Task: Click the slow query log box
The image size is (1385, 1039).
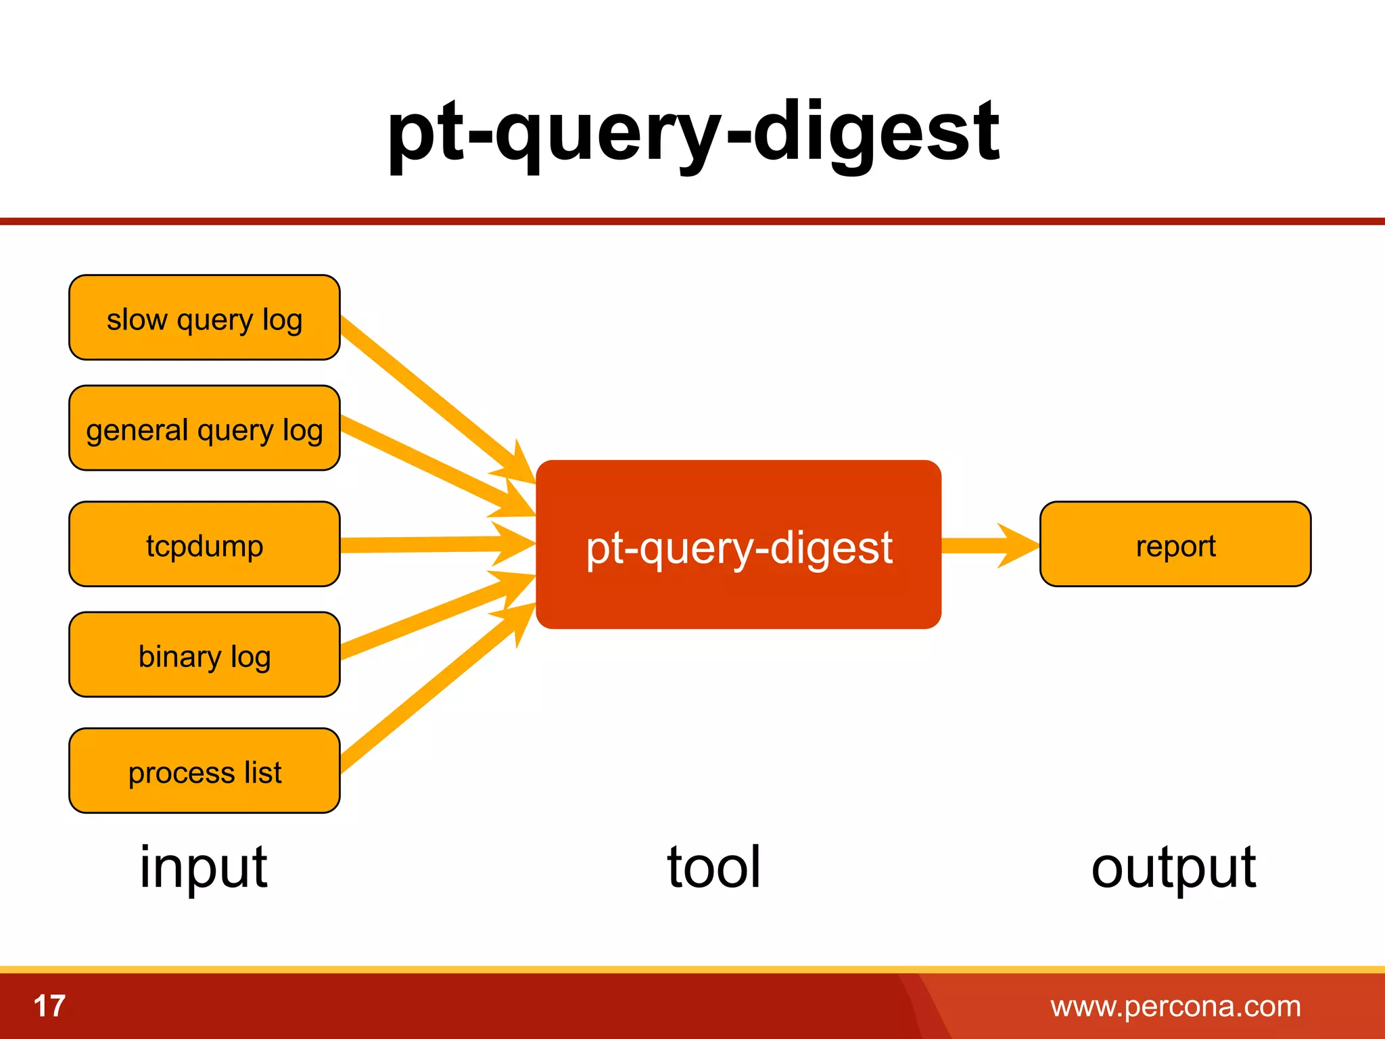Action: point(204,317)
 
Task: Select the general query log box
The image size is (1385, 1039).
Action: point(204,428)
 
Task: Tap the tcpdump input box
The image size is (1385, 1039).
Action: point(204,544)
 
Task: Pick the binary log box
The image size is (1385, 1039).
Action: point(204,655)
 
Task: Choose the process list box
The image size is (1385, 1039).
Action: point(204,770)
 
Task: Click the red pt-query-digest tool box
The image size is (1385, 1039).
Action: point(738,545)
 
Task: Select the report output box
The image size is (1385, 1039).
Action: point(1175,544)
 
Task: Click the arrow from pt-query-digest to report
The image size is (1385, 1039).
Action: point(987,545)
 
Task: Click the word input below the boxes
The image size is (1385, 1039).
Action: point(204,868)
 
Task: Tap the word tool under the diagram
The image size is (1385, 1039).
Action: point(714,868)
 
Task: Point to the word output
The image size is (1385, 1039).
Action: point(1174,868)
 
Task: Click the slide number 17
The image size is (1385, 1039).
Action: point(49,1006)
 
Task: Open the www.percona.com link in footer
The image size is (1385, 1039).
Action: point(1175,1007)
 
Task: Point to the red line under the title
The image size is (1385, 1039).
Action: point(692,221)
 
